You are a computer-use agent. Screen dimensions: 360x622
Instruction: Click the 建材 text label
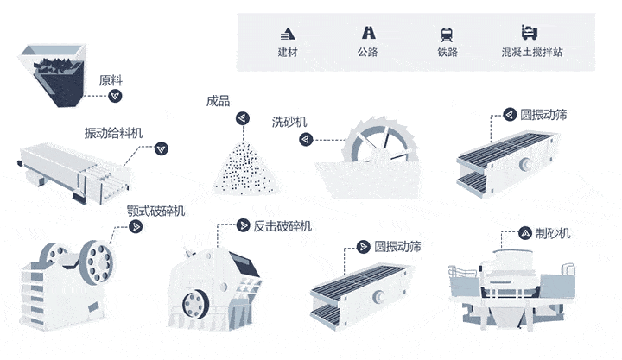288,54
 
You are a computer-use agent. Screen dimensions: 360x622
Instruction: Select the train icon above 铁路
447,34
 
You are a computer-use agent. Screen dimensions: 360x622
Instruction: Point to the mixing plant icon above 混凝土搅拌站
531,34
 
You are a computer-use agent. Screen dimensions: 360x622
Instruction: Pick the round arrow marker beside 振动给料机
160,148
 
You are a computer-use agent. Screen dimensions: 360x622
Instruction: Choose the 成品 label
219,100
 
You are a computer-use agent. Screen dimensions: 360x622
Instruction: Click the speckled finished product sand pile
245,164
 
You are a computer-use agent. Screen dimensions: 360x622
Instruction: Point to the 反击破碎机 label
282,226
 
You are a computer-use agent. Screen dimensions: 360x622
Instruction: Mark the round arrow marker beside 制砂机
525,233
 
